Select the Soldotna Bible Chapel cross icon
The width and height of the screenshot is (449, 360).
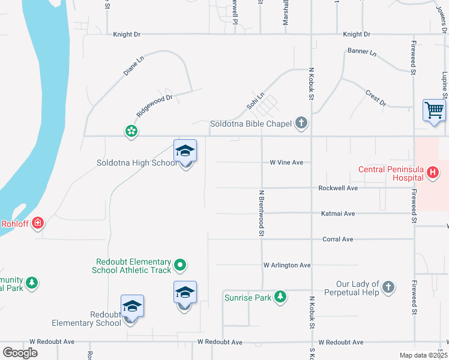point(301,124)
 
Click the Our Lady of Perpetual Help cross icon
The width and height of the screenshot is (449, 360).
point(388,288)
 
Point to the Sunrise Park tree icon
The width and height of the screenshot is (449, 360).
point(280,296)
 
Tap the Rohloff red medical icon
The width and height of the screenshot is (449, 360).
point(37,223)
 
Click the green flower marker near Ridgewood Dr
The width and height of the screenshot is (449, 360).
point(131,131)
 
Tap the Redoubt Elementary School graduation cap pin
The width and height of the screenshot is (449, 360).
point(132,307)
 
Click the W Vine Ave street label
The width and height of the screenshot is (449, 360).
point(286,163)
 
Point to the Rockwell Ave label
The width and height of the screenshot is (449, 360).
point(338,188)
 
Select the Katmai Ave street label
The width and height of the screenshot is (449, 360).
point(338,213)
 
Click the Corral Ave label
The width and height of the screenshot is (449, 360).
point(338,239)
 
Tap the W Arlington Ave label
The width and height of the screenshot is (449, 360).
point(287,265)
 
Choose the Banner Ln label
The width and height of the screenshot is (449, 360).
point(362,52)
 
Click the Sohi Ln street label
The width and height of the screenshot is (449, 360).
point(255,101)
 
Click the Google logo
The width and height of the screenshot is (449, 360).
point(20,353)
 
